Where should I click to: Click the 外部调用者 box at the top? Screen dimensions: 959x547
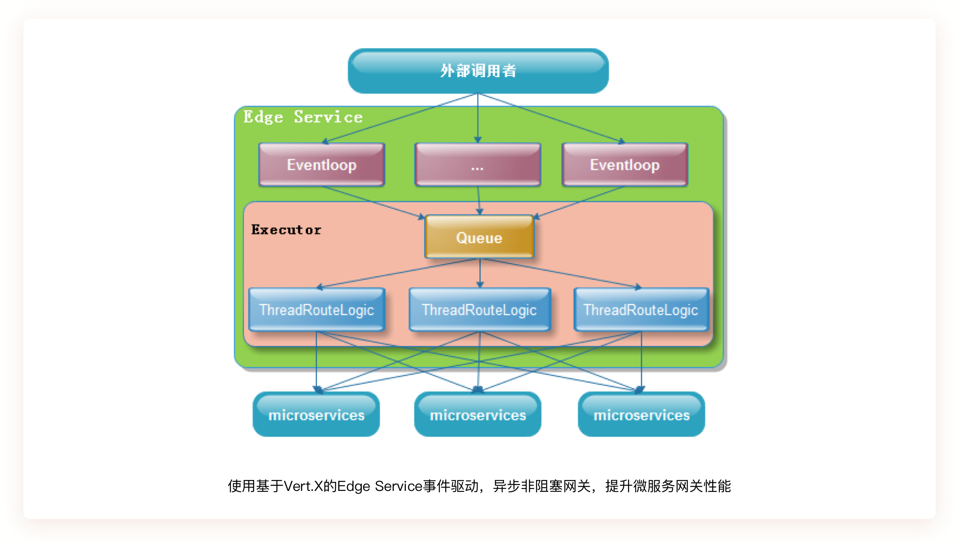pyautogui.click(x=478, y=71)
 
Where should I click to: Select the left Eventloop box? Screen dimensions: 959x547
pyautogui.click(x=322, y=164)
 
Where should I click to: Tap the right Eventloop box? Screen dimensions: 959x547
pyautogui.click(x=625, y=164)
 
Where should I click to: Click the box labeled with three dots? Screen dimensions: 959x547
pyautogui.click(x=478, y=164)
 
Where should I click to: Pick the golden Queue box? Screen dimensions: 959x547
pyautogui.click(x=479, y=236)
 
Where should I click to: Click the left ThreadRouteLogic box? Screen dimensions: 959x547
pyautogui.click(x=317, y=309)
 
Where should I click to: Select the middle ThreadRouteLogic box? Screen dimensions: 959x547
pyautogui.click(x=479, y=309)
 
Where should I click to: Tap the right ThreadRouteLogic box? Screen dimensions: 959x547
pyautogui.click(x=641, y=309)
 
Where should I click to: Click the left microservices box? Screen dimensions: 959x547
pyautogui.click(x=316, y=414)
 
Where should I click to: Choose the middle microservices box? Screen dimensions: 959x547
pyautogui.click(x=478, y=414)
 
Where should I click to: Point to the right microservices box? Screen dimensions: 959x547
pyautogui.click(x=641, y=414)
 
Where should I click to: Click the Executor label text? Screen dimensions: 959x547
pyautogui.click(x=286, y=229)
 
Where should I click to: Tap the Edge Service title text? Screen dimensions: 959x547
pyautogui.click(x=303, y=117)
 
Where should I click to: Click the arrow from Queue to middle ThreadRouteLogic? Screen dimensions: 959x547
pyautogui.click(x=480, y=273)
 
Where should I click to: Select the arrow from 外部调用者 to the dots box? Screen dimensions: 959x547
pyautogui.click(x=478, y=118)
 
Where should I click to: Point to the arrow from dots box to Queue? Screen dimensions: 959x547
pyautogui.click(x=479, y=200)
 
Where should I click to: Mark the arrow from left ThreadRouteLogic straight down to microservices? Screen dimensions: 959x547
pyautogui.click(x=316, y=362)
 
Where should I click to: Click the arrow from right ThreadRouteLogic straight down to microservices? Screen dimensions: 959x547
pyautogui.click(x=641, y=362)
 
